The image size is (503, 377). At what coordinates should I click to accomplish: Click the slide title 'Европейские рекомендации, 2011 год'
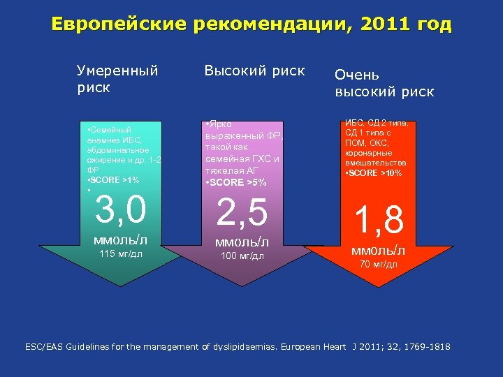pyautogui.click(x=251, y=25)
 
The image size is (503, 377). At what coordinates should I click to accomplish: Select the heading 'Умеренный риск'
pyautogui.click(x=117, y=79)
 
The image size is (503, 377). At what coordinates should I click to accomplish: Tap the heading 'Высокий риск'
pyautogui.click(x=254, y=71)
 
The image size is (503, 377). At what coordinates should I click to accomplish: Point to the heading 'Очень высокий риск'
pyautogui.click(x=384, y=83)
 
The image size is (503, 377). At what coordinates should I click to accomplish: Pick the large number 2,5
pyautogui.click(x=242, y=213)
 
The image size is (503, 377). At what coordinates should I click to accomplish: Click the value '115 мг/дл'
pyautogui.click(x=120, y=253)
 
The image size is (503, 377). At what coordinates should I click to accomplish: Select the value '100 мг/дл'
pyautogui.click(x=242, y=256)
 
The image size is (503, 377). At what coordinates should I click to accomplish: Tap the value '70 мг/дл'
pyautogui.click(x=378, y=264)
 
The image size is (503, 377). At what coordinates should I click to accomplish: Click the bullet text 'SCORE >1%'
pyautogui.click(x=111, y=180)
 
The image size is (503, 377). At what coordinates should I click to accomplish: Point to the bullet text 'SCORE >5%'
pyautogui.click(x=238, y=183)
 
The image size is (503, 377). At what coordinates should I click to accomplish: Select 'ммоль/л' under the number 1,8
pyautogui.click(x=378, y=251)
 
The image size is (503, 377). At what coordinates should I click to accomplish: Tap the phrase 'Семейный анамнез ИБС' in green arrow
pyautogui.click(x=112, y=135)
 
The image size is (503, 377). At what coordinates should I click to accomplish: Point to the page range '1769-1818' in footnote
pyautogui.click(x=429, y=346)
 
